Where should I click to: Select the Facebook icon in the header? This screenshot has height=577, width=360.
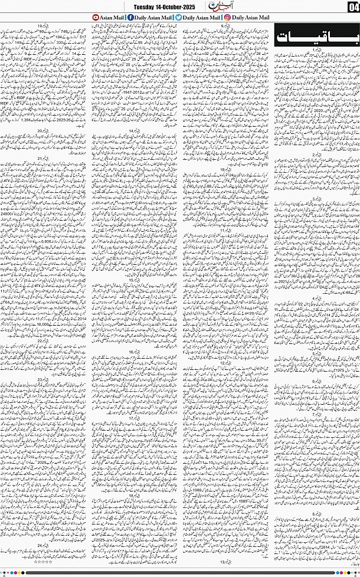(x=130, y=18)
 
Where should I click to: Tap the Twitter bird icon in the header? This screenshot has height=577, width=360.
(x=178, y=18)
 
